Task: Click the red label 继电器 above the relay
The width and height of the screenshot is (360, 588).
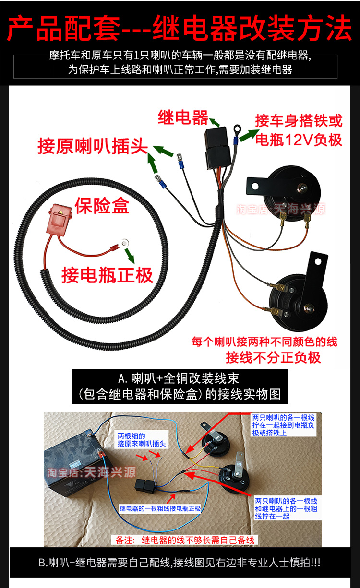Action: pos(183,118)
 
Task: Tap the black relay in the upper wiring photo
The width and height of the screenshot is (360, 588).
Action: pos(217,148)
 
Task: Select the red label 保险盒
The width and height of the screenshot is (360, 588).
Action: pos(102,206)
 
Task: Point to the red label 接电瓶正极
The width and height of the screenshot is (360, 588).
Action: pos(107,275)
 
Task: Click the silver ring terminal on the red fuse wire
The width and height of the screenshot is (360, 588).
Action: pos(125,243)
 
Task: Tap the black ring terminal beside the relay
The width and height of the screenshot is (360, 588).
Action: pos(238,129)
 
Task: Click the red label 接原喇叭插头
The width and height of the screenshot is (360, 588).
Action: pos(93,146)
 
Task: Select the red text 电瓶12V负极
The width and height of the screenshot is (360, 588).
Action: pos(299,140)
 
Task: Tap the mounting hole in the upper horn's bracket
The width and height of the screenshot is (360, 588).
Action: pos(254,187)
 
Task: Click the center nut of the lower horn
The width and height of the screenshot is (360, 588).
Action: pos(308,308)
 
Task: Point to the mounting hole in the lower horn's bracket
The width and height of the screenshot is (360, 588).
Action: pos(318,262)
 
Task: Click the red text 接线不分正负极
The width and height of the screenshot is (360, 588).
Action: pos(273,357)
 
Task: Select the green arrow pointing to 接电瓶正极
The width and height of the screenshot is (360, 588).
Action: pos(129,256)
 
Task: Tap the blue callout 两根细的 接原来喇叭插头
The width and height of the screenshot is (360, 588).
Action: pos(142,440)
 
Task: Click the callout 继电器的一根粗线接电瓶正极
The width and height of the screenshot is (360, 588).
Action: pos(160,508)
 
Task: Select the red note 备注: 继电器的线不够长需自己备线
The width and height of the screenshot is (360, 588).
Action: pos(185,540)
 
